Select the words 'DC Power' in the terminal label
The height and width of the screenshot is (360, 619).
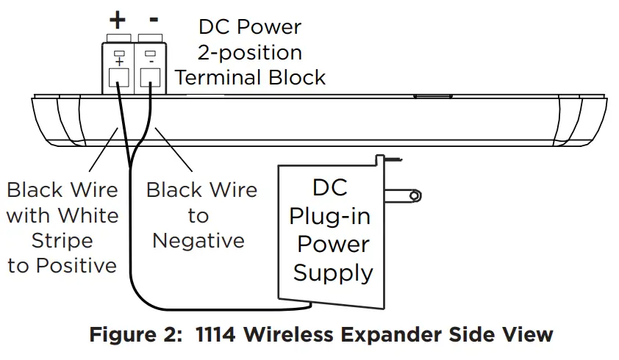coord(250,27)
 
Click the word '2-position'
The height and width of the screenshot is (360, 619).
coord(250,52)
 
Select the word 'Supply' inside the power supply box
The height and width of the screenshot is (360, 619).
coord(333,273)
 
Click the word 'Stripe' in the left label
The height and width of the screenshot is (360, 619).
coord(62,241)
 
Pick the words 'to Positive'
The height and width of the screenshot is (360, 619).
coord(62,265)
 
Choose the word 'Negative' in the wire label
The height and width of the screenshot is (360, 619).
coord(198,241)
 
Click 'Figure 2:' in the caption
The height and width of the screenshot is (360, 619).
coord(136,335)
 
